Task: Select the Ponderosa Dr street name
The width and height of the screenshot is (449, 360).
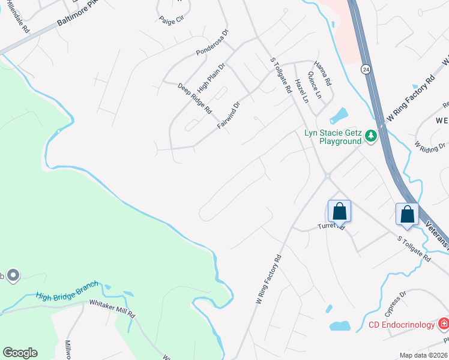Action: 212,44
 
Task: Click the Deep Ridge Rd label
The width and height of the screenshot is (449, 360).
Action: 195,98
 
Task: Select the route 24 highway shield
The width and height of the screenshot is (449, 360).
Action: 365,69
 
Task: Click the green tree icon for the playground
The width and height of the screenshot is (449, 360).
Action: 371,136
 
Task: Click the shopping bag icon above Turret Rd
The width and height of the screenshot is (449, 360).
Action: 339,211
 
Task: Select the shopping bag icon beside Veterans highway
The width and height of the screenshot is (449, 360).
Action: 408,214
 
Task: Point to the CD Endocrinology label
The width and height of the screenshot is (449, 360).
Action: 402,325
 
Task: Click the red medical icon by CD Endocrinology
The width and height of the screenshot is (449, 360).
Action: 444,325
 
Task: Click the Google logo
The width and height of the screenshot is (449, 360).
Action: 20,353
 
